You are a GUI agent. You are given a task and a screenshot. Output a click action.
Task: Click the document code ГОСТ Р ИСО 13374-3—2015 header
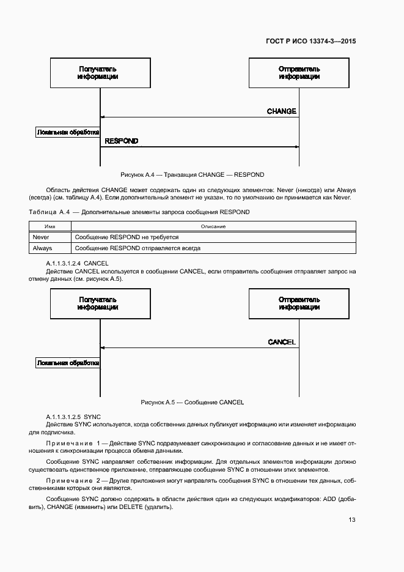click(x=310, y=42)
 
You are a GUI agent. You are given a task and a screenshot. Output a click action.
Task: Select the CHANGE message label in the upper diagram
click(x=281, y=111)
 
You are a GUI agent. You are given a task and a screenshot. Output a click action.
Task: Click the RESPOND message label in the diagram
click(x=121, y=141)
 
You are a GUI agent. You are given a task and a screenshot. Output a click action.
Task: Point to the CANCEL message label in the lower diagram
click(x=282, y=342)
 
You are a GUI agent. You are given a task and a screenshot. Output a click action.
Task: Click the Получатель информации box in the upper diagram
click(x=98, y=73)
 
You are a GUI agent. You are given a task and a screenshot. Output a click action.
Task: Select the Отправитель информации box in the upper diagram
click(x=299, y=73)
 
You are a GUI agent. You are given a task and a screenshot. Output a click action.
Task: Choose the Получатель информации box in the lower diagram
click(x=98, y=303)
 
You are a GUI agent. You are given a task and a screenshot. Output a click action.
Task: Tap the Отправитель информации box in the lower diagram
click(x=299, y=303)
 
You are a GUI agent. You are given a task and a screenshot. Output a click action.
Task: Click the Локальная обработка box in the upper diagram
click(x=67, y=132)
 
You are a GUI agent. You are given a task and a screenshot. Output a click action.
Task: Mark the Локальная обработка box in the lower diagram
click(x=67, y=363)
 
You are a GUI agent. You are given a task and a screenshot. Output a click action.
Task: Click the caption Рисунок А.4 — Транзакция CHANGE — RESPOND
click(x=193, y=174)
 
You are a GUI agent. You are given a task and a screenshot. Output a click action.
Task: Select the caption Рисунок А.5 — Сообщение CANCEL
click(x=193, y=403)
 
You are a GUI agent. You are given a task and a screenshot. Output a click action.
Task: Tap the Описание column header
click(x=213, y=226)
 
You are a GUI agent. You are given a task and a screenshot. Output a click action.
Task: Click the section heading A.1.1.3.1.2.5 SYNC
click(x=72, y=416)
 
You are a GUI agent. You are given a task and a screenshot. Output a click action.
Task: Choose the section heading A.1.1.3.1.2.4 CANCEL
click(x=77, y=263)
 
